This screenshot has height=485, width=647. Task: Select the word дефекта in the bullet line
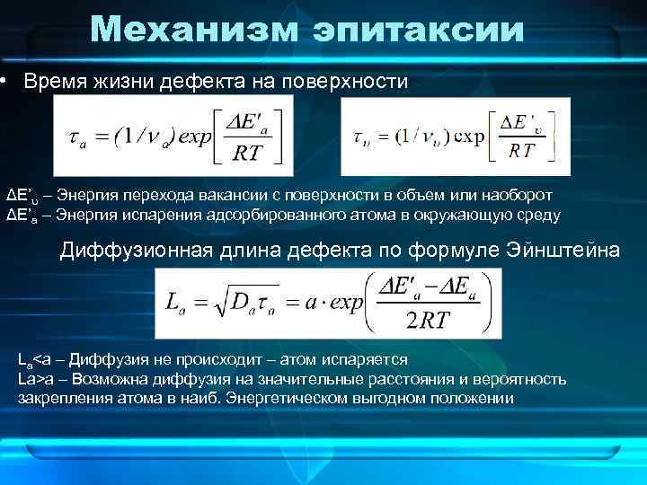click(x=196, y=83)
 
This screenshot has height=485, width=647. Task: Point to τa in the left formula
click(x=79, y=138)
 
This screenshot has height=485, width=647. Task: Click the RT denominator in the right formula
click(x=522, y=150)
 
